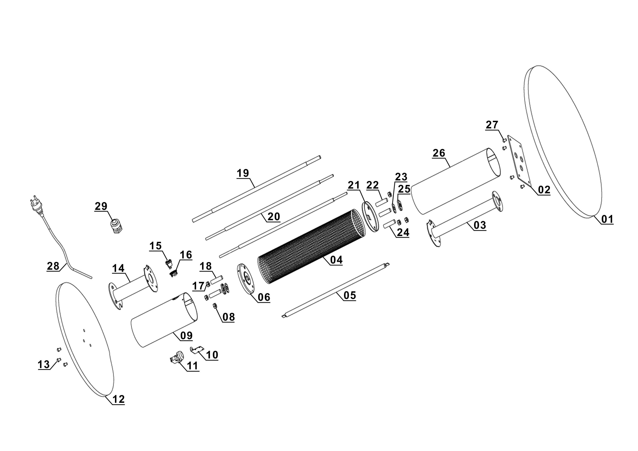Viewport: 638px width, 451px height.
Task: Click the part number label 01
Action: click(x=607, y=219)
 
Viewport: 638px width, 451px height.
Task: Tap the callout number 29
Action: click(x=101, y=206)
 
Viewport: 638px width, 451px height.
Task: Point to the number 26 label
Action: click(x=439, y=153)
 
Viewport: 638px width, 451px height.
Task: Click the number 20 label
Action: click(x=274, y=216)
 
